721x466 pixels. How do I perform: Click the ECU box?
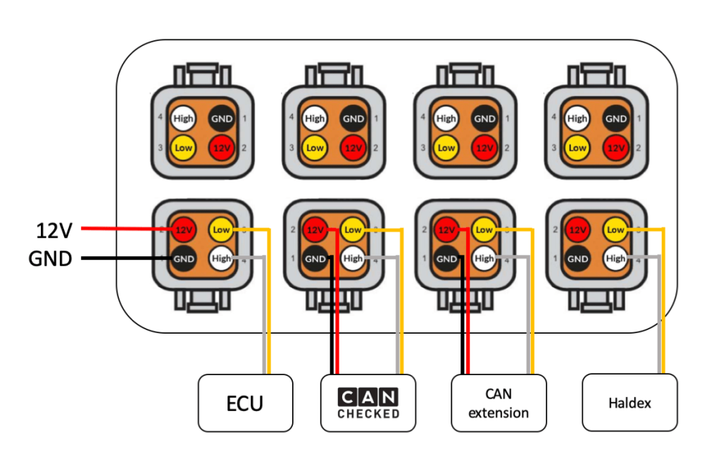point(245,403)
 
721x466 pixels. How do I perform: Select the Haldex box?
point(629,403)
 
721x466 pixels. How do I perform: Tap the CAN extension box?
point(499,403)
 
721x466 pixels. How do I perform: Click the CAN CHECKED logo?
point(368,403)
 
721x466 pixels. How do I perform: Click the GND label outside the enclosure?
point(50,258)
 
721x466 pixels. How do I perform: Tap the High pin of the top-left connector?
point(184,119)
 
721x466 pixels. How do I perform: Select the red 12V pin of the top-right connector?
point(616,148)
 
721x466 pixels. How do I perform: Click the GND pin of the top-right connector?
point(616,119)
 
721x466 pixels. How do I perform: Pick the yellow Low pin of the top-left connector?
point(184,148)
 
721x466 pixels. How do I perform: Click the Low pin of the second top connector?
point(315,148)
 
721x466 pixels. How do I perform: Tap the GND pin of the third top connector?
point(484,119)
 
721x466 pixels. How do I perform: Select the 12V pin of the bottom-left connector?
point(184,229)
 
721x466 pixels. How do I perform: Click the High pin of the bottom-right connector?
point(615,258)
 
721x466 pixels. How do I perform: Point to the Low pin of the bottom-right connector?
point(615,229)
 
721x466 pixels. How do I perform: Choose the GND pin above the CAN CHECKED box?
point(315,258)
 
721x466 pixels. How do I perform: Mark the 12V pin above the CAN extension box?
point(446,229)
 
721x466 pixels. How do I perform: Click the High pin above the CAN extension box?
point(484,258)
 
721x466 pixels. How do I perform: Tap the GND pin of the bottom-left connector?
point(184,258)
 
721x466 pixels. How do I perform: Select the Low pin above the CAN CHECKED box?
point(353,229)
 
